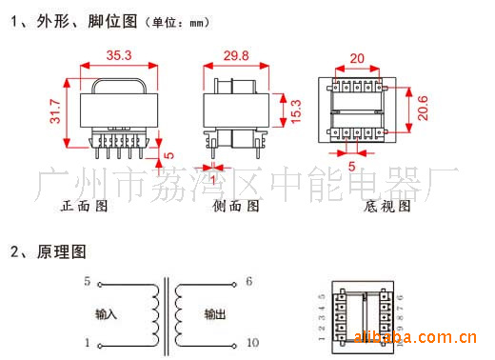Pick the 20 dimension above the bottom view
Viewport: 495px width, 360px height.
(x=356, y=58)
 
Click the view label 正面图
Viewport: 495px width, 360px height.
(x=85, y=205)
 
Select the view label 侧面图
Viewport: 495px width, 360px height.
(x=235, y=205)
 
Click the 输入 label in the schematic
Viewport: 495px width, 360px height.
(x=108, y=312)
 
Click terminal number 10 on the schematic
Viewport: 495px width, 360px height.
(x=251, y=342)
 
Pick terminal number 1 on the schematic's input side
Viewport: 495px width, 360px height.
(x=87, y=342)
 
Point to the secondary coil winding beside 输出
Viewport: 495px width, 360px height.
(x=181, y=312)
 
